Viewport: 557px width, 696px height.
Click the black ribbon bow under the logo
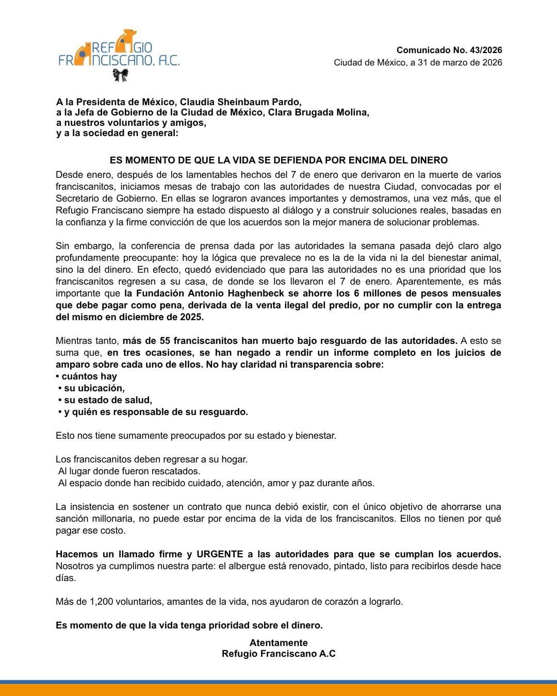tap(120, 75)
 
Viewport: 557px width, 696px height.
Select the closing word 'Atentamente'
tap(278, 642)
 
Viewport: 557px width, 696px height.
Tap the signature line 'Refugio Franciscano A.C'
tap(278, 654)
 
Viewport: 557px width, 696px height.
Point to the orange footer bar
tap(278, 690)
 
